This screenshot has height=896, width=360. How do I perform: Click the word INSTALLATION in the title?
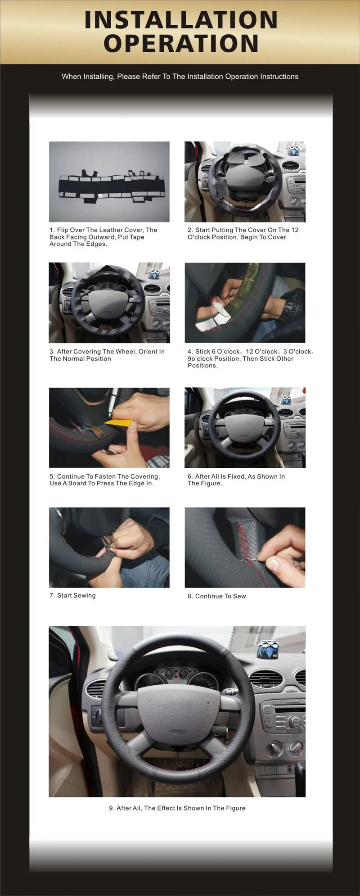[x=181, y=20]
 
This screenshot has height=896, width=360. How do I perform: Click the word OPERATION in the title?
[x=181, y=43]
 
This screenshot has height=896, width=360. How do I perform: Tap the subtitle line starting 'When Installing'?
[x=180, y=77]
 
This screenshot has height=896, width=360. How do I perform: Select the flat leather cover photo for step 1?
[x=109, y=182]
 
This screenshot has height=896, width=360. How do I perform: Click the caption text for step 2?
[x=243, y=233]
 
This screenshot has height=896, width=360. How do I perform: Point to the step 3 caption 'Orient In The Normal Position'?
[x=107, y=355]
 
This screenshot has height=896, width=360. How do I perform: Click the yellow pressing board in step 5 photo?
[x=119, y=423]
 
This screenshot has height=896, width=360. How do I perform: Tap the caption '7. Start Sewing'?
[x=72, y=595]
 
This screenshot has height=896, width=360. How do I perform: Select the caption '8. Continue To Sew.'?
[x=218, y=596]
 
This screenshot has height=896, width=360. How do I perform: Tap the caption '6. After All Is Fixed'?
[x=236, y=480]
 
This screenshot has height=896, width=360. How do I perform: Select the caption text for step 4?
[x=251, y=358]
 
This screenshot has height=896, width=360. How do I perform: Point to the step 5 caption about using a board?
[x=105, y=480]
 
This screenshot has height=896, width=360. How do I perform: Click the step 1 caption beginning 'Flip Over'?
[x=103, y=237]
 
